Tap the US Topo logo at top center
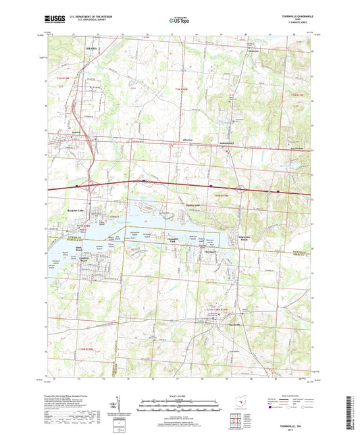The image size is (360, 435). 179,22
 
